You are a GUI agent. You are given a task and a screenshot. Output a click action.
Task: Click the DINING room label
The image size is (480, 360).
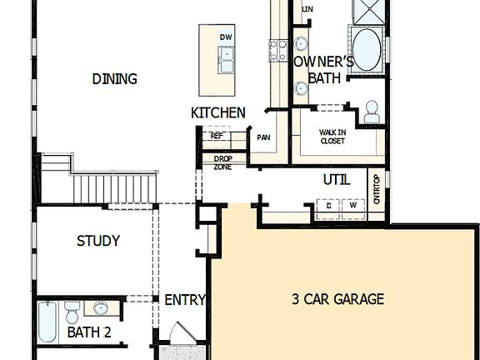point(114,79)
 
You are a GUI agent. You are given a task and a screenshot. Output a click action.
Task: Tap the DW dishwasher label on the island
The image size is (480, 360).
point(226,37)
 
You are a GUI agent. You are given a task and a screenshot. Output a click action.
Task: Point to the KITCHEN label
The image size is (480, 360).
point(217,112)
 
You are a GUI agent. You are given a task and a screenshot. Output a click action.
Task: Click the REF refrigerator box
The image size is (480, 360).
point(217,135)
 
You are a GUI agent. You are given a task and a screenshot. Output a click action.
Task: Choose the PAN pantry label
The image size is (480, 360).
point(263,138)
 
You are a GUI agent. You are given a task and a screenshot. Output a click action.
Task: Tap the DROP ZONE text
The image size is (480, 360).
point(222,162)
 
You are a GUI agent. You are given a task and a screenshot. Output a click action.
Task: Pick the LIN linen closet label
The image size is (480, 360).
point(307,9)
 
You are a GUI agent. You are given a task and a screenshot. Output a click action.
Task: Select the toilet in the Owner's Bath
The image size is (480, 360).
point(371,111)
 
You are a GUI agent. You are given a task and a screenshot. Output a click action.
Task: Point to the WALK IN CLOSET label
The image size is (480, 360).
point(332,137)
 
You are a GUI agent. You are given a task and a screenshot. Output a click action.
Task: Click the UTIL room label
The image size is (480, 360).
point(337,180)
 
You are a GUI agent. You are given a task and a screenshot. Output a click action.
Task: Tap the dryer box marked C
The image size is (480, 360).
point(329,205)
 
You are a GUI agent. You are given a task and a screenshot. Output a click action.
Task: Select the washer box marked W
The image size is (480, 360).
point(352,205)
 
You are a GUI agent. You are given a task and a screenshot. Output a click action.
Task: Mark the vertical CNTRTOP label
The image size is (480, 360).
point(377,190)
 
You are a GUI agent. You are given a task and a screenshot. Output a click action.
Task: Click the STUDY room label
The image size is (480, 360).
point(98,241)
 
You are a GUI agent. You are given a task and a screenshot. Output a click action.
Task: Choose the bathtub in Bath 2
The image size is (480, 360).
point(47,322)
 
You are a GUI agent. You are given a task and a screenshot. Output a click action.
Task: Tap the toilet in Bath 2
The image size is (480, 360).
point(72,313)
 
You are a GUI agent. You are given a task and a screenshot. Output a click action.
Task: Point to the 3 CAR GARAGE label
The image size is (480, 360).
point(337,299)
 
